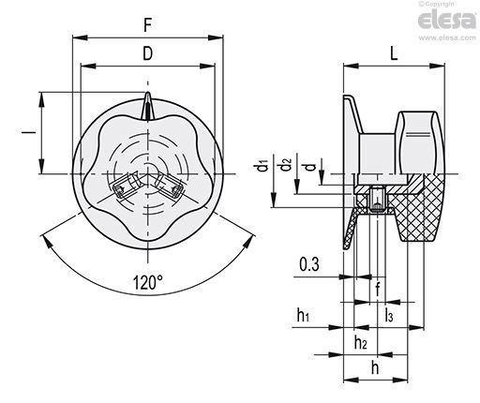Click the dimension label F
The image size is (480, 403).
coord(148,25)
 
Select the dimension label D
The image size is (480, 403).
coord(148,53)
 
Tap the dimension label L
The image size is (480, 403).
coord(394,53)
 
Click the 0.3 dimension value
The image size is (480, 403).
coord(309,264)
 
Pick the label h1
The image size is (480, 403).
coord(303,315)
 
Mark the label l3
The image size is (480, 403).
coord(388,315)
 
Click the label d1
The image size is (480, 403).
coord(263,166)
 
